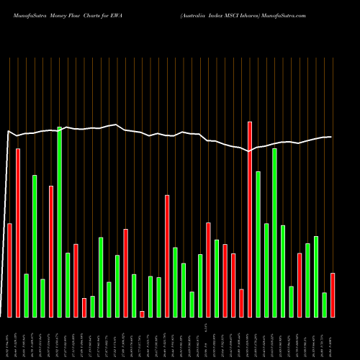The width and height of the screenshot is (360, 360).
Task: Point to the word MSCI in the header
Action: (x=228, y=14)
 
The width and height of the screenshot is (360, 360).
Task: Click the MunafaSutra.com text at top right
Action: (x=286, y=14)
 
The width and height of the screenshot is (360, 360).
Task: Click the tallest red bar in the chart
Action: (x=250, y=219)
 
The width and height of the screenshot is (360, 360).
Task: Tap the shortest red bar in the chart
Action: (x=142, y=314)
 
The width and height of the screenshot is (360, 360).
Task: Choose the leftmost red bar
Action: (x=9, y=270)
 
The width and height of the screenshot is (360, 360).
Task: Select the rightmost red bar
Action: (x=333, y=295)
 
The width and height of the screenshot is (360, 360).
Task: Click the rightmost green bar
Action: (x=324, y=305)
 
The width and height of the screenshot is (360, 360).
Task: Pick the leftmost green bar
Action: (x=26, y=295)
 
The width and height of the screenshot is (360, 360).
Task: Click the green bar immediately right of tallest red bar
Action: (x=258, y=244)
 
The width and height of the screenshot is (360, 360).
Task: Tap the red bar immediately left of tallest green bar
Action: (x=51, y=251)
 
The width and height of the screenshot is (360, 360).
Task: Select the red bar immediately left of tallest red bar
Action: (x=241, y=302)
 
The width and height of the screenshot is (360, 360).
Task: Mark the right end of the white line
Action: (x=331, y=137)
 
